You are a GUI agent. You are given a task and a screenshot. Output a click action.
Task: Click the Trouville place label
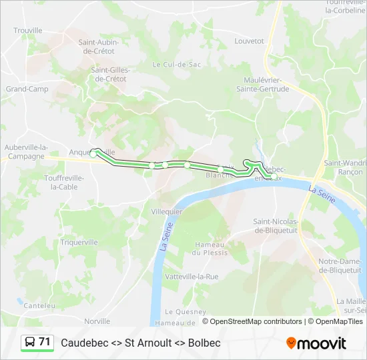[x=28, y=31]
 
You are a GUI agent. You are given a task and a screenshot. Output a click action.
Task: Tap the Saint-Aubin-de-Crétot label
[x=106, y=47]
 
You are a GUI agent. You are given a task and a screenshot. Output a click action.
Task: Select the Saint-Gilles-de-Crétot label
[x=109, y=74]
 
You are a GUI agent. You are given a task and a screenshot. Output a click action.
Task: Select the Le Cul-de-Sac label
[x=177, y=65]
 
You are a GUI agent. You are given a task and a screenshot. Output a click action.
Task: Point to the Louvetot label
[x=250, y=41]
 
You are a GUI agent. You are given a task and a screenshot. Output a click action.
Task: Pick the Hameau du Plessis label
[x=210, y=249]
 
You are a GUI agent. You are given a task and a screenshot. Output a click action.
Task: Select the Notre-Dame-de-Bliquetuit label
[x=341, y=265]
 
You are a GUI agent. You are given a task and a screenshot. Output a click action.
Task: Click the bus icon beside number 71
[x=30, y=343]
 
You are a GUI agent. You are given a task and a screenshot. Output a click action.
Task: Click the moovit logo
[x=316, y=343]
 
